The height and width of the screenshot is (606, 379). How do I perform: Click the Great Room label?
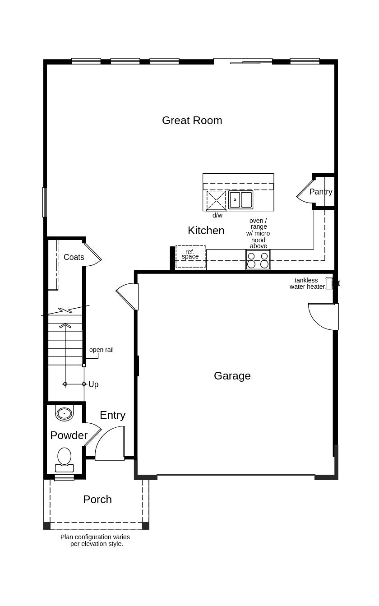click(192, 120)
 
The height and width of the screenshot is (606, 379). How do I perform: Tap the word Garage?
click(232, 376)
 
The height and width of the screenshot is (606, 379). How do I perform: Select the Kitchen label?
click(206, 231)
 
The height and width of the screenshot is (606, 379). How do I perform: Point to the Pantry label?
click(321, 192)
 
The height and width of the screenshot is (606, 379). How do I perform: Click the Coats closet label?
click(74, 257)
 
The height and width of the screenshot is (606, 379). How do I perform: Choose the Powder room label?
click(69, 435)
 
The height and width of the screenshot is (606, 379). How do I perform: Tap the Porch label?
click(97, 500)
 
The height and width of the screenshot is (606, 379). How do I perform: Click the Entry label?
click(112, 415)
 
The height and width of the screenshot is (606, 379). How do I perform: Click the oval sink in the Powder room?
click(64, 413)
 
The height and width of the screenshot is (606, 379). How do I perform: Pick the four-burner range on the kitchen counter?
click(258, 260)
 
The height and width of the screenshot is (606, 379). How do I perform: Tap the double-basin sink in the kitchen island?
click(240, 199)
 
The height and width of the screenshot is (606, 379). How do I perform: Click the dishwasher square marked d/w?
click(216, 200)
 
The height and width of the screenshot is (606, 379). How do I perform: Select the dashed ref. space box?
click(190, 256)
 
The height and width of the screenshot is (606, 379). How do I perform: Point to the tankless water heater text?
click(307, 283)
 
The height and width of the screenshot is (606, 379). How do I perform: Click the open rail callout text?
click(102, 350)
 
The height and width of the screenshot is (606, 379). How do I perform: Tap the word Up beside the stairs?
click(93, 384)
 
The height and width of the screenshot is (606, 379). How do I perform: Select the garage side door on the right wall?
click(324, 317)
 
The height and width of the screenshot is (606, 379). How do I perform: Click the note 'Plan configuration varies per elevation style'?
click(95, 541)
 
